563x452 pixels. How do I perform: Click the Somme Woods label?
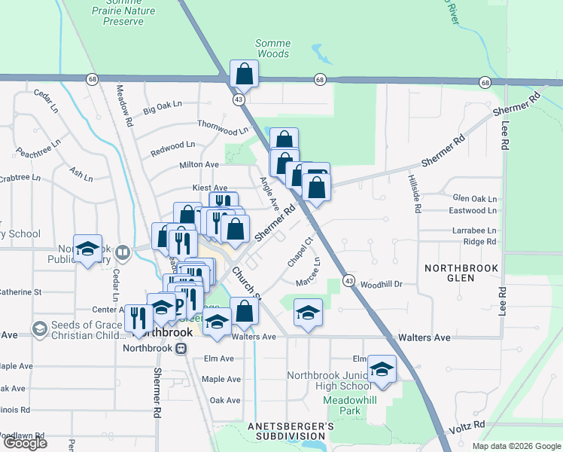tap(272, 49)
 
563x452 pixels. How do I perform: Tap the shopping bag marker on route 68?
tap(244, 75)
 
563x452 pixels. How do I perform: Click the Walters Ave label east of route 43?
tap(425, 337)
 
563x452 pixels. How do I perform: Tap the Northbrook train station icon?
tap(181, 348)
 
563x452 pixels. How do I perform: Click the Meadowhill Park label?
tap(344, 405)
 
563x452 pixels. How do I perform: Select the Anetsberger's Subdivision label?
tap(291, 431)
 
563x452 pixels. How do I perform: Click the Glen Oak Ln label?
tap(474, 198)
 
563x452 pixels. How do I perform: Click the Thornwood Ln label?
tap(222, 127)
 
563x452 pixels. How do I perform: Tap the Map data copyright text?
tap(516, 445)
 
